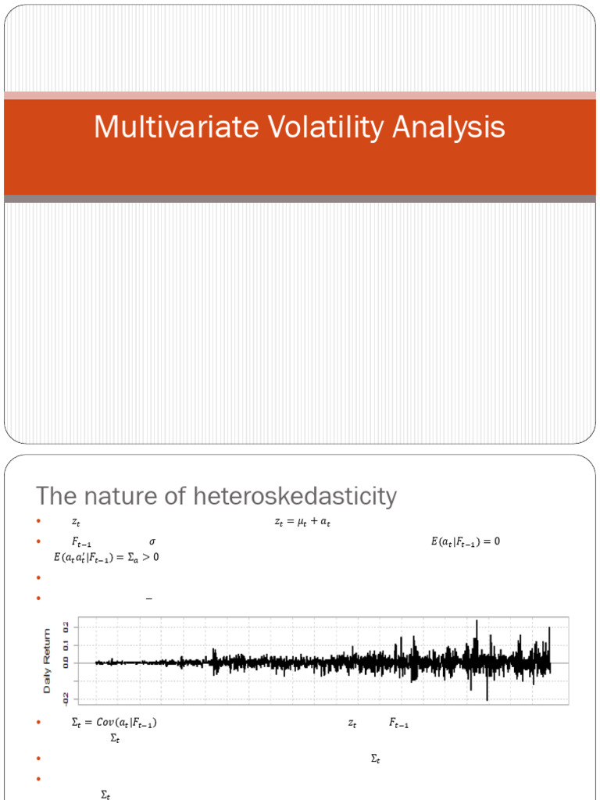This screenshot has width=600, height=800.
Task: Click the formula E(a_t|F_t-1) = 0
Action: (465, 541)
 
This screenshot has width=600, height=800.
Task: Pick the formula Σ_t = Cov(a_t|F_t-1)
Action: (114, 724)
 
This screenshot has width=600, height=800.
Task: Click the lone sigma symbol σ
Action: (152, 541)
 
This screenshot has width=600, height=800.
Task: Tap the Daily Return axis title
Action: (48, 661)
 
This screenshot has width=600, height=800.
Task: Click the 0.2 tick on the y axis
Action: (66, 627)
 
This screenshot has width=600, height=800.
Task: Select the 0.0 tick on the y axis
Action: (66, 662)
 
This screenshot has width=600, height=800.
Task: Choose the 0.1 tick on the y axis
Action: (66, 645)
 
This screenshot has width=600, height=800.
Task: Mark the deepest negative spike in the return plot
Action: (487, 698)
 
